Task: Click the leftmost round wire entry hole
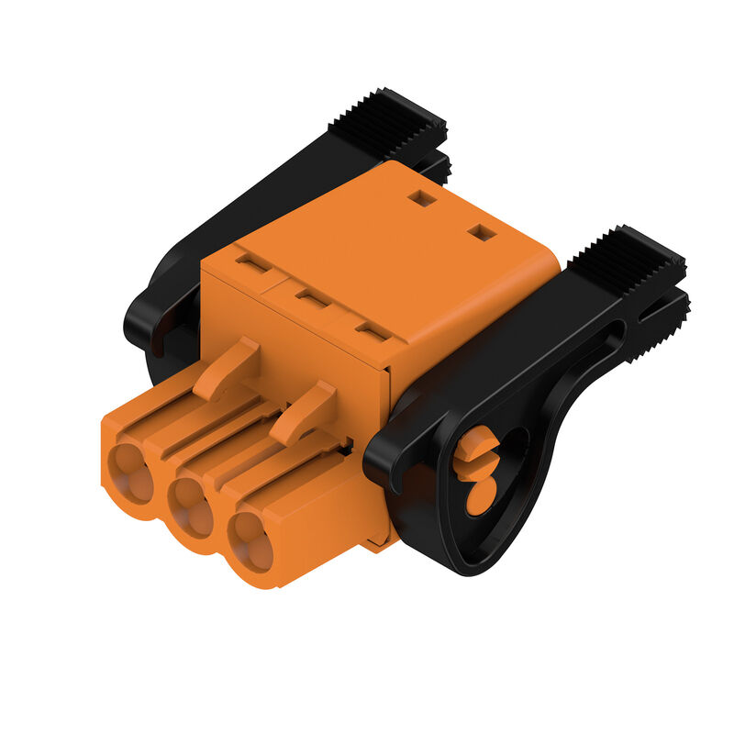click(x=129, y=473)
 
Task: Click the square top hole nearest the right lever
click(x=482, y=233)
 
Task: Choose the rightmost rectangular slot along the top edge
click(x=372, y=332)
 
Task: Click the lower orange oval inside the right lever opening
click(x=480, y=496)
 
